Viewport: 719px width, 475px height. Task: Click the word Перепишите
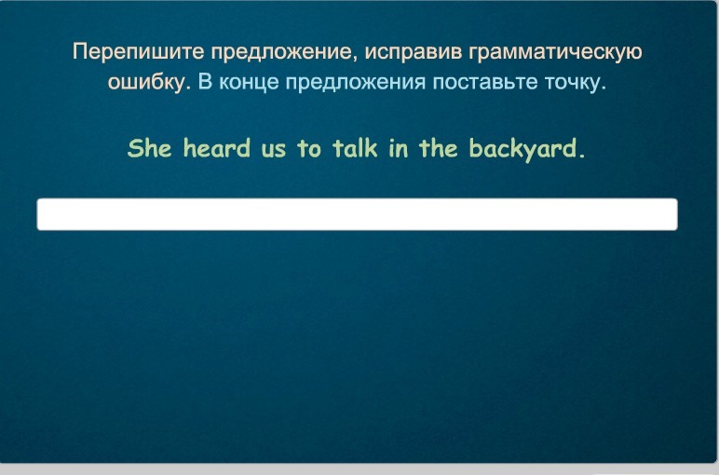tap(139, 52)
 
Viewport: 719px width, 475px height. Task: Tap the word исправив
tap(414, 52)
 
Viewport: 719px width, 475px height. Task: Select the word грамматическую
tap(555, 52)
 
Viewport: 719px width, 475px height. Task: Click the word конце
tap(249, 83)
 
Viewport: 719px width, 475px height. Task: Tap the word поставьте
tap(485, 83)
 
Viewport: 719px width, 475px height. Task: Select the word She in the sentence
tap(150, 148)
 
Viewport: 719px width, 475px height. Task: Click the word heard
tap(217, 148)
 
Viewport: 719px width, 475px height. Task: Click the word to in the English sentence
tap(309, 149)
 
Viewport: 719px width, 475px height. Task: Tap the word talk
tap(355, 148)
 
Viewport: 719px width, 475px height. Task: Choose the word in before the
tap(399, 149)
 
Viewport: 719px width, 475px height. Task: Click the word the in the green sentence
tap(439, 148)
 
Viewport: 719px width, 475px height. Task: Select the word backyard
tap(523, 150)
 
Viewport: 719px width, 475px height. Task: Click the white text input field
tap(358, 214)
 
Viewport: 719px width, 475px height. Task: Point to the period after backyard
tap(582, 156)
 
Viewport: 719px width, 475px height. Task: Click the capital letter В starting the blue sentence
tap(205, 82)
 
